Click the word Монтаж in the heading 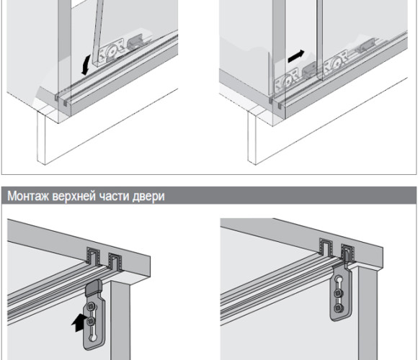pyautogui.click(x=28, y=197)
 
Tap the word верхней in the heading pyautogui.click(x=74, y=197)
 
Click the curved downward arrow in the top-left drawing pyautogui.click(x=86, y=64)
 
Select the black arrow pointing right pyautogui.click(x=296, y=56)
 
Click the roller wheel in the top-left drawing pyautogui.click(x=111, y=51)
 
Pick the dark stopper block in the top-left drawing pyautogui.click(x=135, y=44)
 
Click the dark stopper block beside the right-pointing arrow pyautogui.click(x=308, y=70)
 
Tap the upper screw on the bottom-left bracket pyautogui.click(x=92, y=307)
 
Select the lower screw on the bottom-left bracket pyautogui.click(x=91, y=320)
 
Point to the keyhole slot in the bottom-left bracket pyautogui.click(x=94, y=334)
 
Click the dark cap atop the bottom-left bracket pyautogui.click(x=94, y=287)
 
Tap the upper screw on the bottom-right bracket pyautogui.click(x=338, y=294)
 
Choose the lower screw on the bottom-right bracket pyautogui.click(x=339, y=308)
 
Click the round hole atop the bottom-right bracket pyautogui.click(x=339, y=280)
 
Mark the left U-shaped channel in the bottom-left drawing pyautogui.click(x=93, y=257)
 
